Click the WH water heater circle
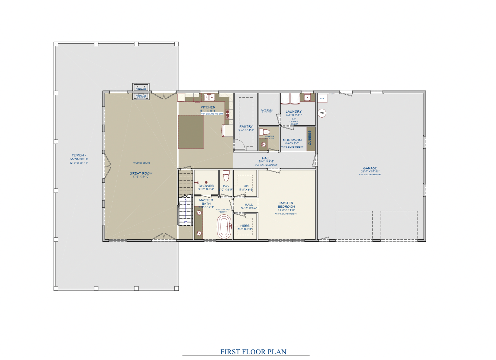tap(322, 113)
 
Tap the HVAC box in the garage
tap(322, 98)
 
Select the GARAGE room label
tap(370, 168)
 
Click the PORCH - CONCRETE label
tap(79, 157)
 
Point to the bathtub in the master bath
tap(224, 226)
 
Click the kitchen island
tap(191, 132)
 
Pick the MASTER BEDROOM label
tap(286, 205)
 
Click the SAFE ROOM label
tap(267, 110)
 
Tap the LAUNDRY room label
tap(294, 112)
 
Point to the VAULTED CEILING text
tap(142, 163)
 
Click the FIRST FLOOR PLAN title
tap(253, 352)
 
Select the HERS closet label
tap(245, 226)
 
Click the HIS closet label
tap(246, 186)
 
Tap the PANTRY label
tap(246, 127)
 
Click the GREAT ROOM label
tap(141, 174)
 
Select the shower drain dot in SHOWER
tap(207, 182)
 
